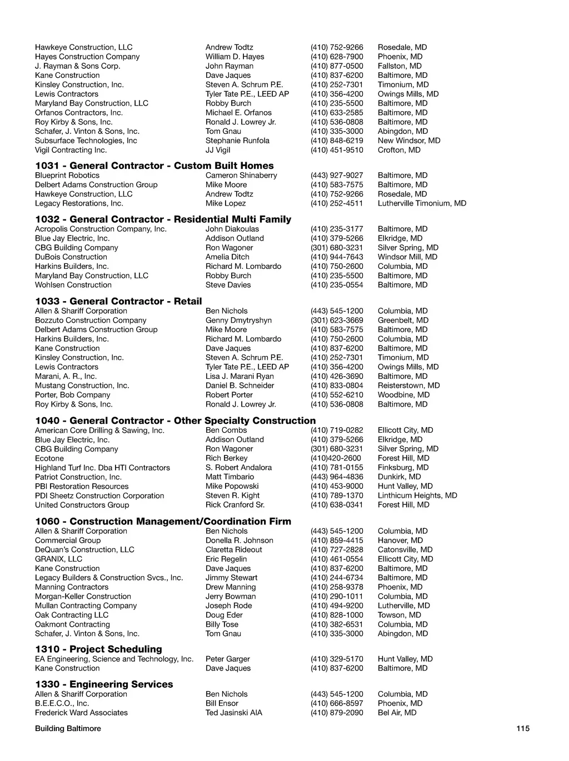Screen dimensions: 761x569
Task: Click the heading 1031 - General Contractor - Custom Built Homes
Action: click(154, 166)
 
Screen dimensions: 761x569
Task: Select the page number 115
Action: click(523, 729)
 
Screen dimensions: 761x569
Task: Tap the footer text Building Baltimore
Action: click(68, 729)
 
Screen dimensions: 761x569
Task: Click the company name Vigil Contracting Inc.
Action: click(71, 150)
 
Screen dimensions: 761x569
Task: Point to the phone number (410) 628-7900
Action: click(337, 57)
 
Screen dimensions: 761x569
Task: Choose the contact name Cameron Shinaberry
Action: click(241, 176)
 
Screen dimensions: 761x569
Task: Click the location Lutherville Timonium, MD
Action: click(422, 203)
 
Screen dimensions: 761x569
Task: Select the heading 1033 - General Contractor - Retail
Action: click(118, 301)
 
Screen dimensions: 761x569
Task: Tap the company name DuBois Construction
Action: click(71, 257)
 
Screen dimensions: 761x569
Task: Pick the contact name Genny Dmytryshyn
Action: click(238, 321)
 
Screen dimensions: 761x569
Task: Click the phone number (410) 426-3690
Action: click(337, 377)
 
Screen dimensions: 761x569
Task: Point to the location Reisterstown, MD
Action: click(408, 385)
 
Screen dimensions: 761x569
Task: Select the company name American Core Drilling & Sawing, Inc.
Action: click(99, 430)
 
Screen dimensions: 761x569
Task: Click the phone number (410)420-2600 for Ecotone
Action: click(336, 458)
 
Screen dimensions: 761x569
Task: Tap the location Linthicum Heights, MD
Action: click(417, 495)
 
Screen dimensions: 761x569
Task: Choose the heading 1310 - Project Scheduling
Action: click(98, 649)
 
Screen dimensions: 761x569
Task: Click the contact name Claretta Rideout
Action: click(233, 550)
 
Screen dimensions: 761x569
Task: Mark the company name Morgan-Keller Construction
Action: click(83, 597)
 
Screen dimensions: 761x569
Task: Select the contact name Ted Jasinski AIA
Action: click(233, 713)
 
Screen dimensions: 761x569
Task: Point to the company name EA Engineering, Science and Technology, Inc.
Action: click(114, 659)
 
